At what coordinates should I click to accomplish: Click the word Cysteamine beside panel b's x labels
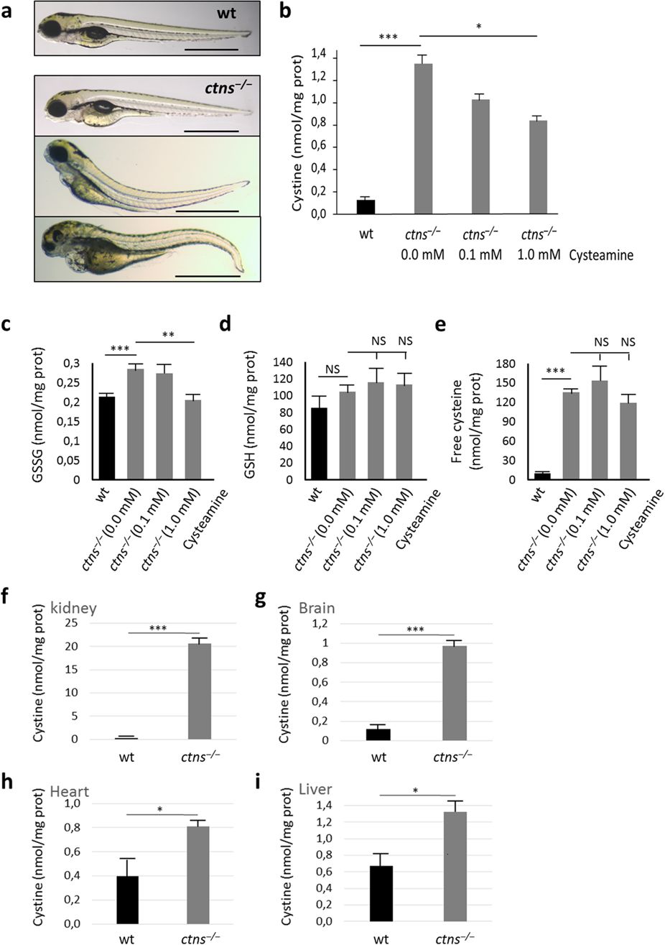(602, 254)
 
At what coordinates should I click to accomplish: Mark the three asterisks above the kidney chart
(158, 627)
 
